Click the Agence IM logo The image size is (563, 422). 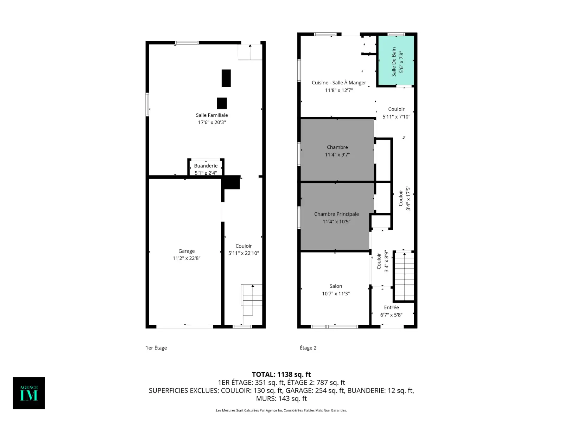pos(29,393)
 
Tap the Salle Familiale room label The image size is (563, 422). pos(211,115)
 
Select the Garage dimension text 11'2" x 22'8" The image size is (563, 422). pos(186,258)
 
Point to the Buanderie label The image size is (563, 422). pos(206,166)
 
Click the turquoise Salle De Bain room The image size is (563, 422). pos(396,60)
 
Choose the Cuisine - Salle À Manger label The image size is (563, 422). pos(339,83)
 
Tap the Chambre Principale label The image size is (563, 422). pos(336,214)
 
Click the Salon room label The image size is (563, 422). pos(336,286)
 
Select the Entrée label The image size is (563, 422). pos(391,307)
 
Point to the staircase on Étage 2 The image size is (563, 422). pos(404,276)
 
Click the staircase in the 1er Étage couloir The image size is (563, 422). pos(252,305)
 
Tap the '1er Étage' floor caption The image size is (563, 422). pos(156,348)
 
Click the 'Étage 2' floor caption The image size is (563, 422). pos(308,348)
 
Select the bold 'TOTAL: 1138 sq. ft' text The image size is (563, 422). pos(281,374)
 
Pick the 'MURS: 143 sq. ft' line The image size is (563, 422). pos(281,398)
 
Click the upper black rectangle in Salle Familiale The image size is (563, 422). pos(226,78)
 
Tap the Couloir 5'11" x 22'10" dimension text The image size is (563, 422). pos(243,253)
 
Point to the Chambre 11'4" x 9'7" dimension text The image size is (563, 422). pos(337,154)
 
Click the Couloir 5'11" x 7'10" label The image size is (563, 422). pos(396,113)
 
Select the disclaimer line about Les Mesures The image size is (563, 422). pos(281,410)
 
